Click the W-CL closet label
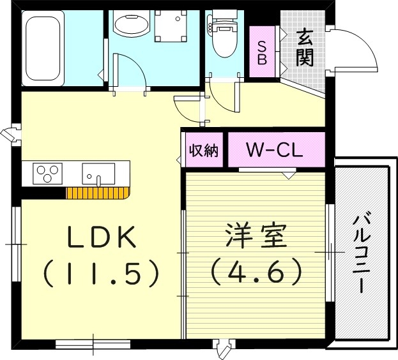274,152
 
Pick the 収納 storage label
203,151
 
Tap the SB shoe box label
262,52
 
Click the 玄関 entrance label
304,49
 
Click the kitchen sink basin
98,173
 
